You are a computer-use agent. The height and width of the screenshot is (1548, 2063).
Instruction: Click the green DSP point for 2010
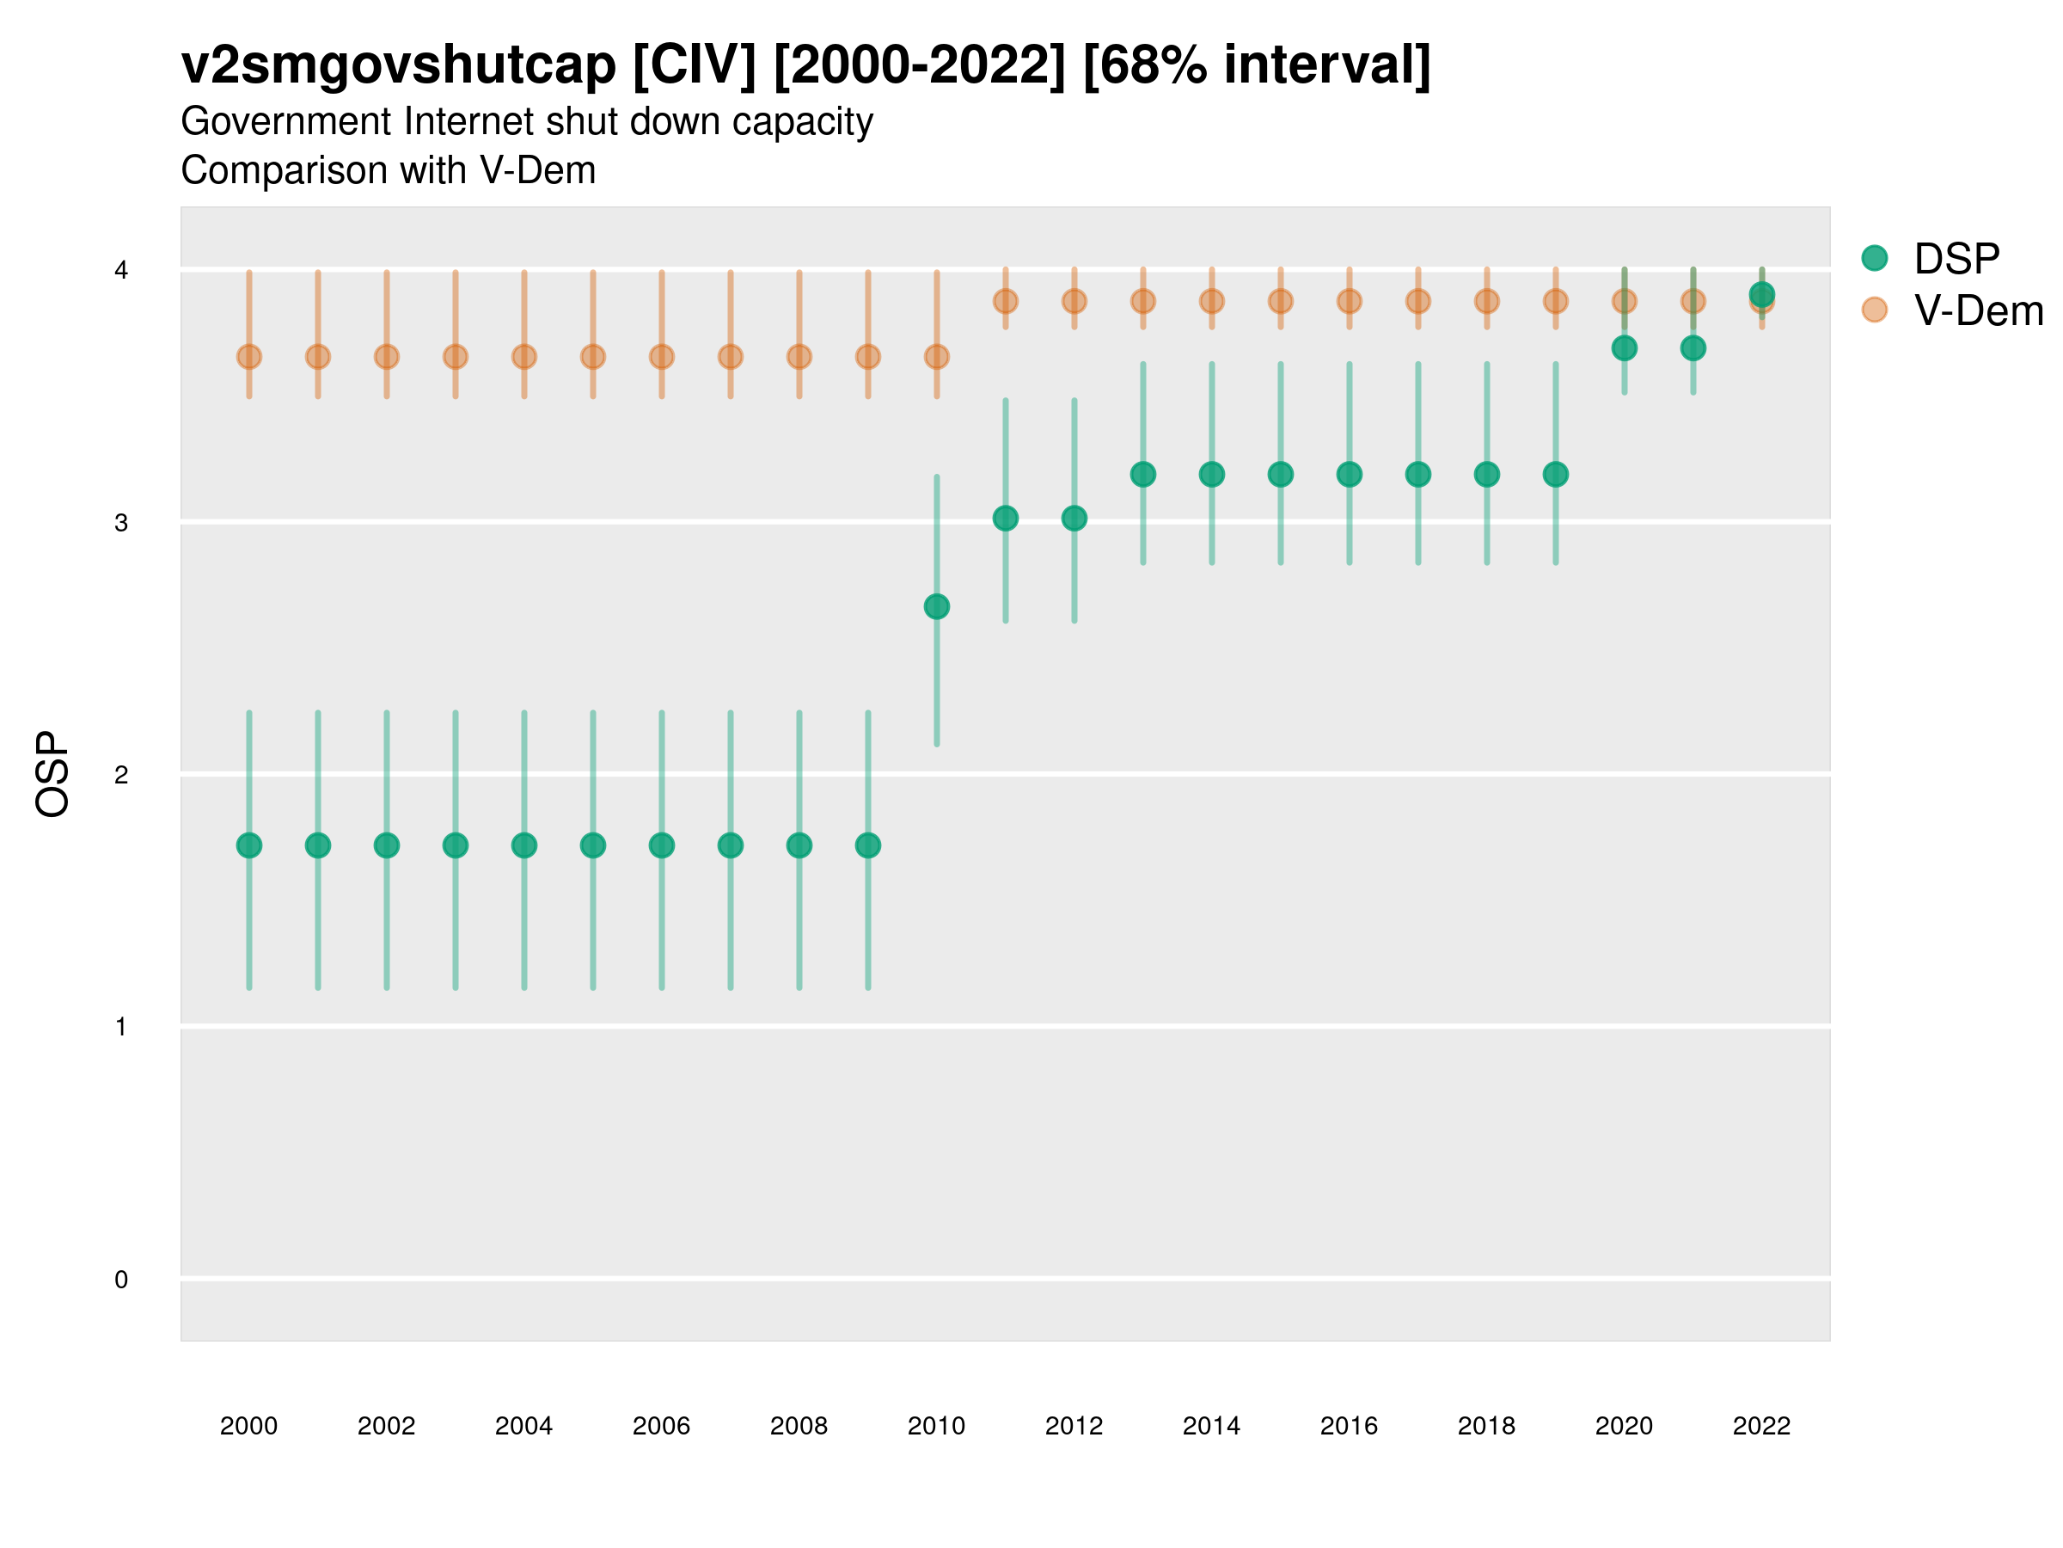click(x=936, y=606)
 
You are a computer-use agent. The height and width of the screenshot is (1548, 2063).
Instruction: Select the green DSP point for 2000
click(x=249, y=845)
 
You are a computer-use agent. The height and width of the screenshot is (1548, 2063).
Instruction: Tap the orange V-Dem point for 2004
click(x=524, y=356)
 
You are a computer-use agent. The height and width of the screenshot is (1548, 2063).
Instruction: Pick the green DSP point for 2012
click(x=1074, y=518)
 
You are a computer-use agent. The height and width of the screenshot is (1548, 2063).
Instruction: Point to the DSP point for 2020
click(x=1625, y=348)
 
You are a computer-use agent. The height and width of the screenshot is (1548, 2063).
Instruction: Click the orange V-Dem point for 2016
click(x=1350, y=301)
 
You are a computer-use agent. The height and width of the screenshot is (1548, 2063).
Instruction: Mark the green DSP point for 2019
click(x=1556, y=474)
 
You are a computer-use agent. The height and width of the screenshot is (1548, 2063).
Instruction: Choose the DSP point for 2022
click(x=1762, y=295)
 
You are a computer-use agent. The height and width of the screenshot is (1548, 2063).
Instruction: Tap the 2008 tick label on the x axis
click(x=799, y=1426)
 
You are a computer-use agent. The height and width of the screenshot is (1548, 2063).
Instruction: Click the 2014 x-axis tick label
click(x=1211, y=1426)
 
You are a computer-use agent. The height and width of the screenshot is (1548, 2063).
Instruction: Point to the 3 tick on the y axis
click(x=121, y=523)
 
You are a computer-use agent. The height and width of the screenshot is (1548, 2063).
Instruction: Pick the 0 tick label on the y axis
click(x=121, y=1280)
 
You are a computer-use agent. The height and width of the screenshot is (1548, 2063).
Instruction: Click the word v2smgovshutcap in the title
click(x=398, y=65)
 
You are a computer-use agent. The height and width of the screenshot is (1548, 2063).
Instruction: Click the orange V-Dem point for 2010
click(x=936, y=356)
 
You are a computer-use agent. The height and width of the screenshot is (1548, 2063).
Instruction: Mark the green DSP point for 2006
click(x=662, y=845)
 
